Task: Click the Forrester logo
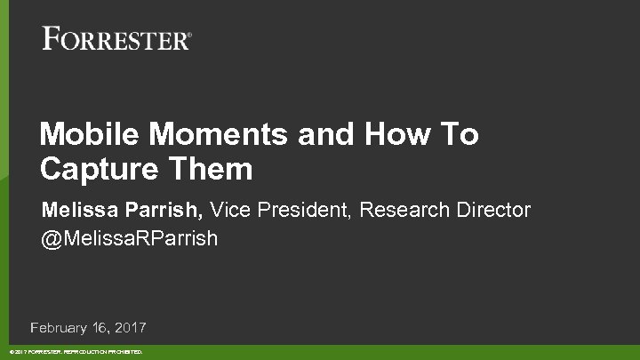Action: coord(116,39)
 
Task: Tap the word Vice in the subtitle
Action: coord(228,211)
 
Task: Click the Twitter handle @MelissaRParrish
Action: coord(130,240)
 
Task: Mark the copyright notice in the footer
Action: coord(79,353)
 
